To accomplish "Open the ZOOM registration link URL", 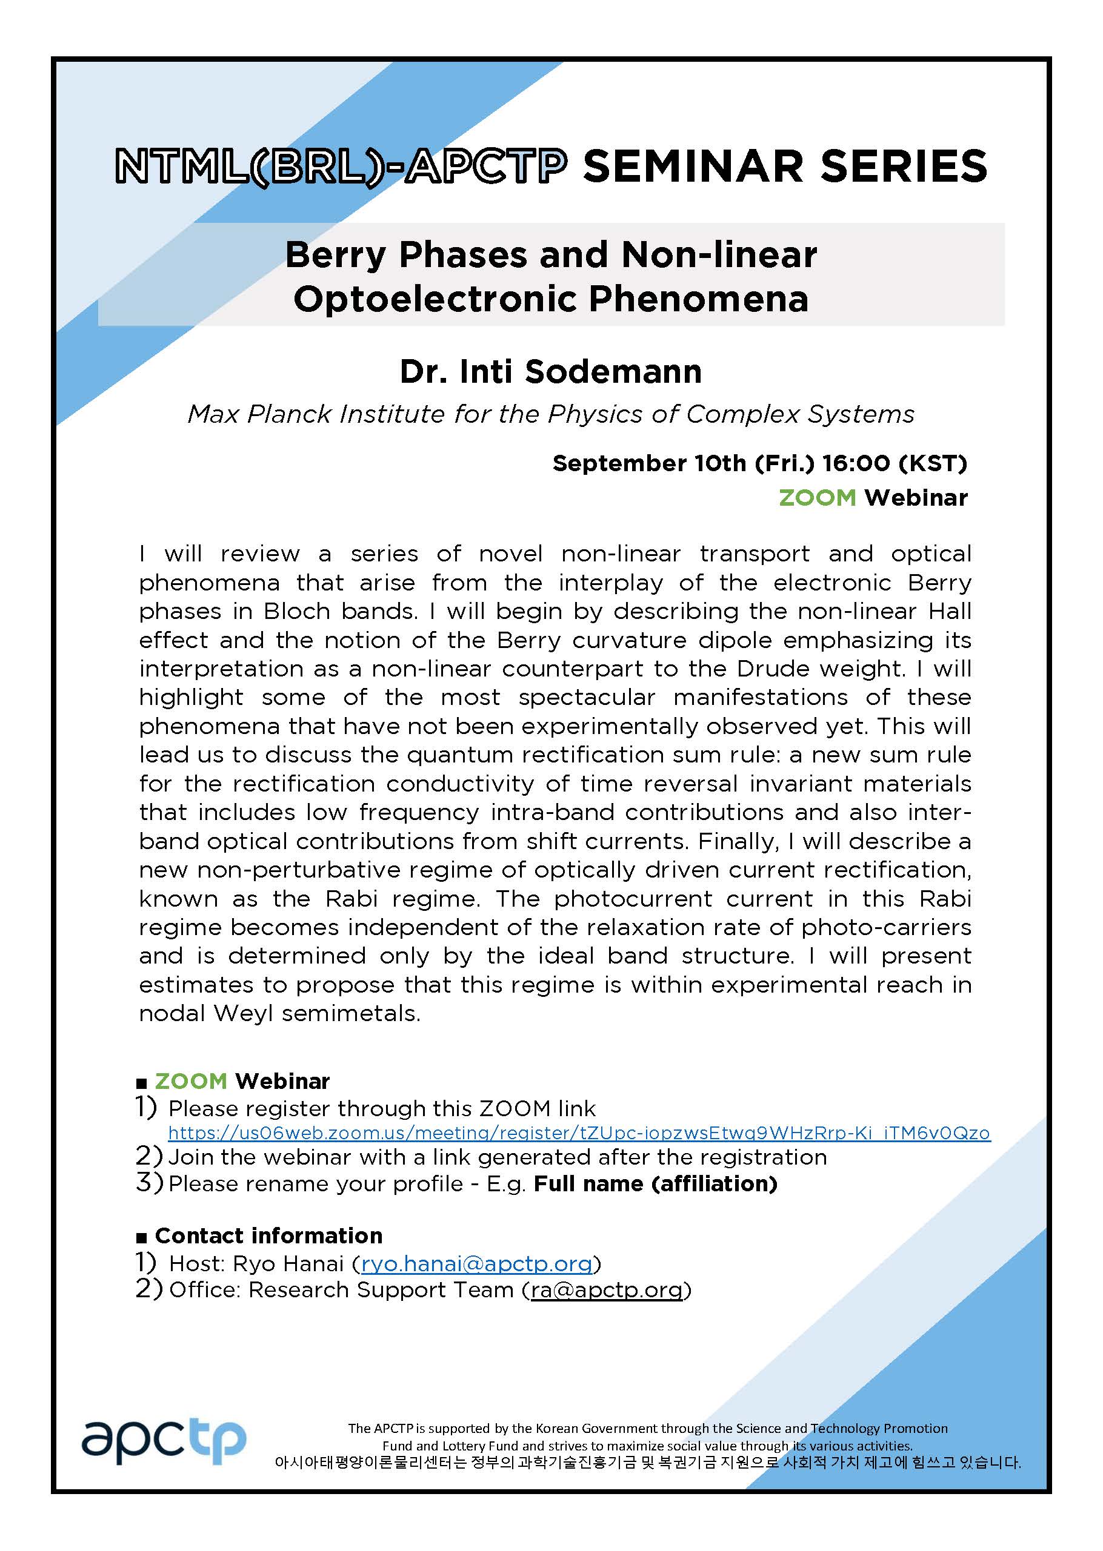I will pyautogui.click(x=579, y=1133).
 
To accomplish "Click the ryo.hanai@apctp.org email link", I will pyautogui.click(x=476, y=1263).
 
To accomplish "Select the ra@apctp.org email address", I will pyautogui.click(x=607, y=1289).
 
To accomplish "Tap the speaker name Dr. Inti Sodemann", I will pyautogui.click(x=551, y=371).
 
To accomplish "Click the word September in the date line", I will pyautogui.click(x=619, y=463).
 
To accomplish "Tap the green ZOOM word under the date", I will pyautogui.click(x=817, y=498).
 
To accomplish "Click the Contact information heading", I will pyautogui.click(x=268, y=1235).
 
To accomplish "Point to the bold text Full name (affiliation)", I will pyautogui.click(x=655, y=1184).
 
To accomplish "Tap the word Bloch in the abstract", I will pyautogui.click(x=298, y=611).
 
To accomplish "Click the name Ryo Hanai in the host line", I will pyautogui.click(x=288, y=1263).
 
